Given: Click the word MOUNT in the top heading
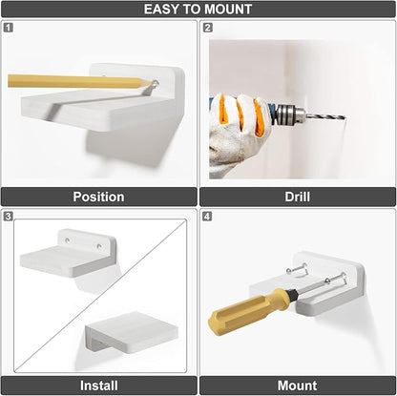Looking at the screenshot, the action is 228,9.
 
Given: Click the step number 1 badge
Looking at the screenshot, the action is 9,28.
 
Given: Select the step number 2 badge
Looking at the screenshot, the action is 207,28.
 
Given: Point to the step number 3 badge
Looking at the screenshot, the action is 9,217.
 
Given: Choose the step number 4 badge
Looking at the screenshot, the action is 207,217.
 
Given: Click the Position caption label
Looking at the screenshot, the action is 98,197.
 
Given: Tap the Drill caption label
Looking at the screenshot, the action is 298,197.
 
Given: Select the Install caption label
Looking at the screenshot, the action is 99,386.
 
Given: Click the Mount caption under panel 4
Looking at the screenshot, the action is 298,386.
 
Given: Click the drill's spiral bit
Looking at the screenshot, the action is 325,116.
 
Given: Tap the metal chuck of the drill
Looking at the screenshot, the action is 289,115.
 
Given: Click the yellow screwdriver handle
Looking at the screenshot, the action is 248,311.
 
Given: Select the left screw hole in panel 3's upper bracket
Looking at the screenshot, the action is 68,240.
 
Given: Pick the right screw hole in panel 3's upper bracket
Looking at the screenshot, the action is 99,246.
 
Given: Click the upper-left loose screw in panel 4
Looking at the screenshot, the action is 297,269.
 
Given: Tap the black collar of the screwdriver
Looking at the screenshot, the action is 293,295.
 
